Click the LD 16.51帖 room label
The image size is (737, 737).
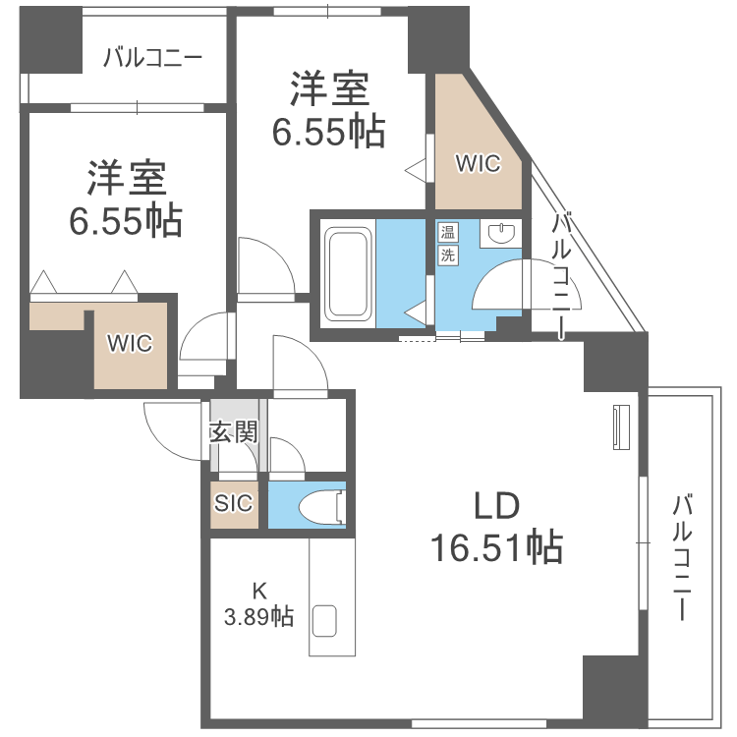click(x=495, y=526)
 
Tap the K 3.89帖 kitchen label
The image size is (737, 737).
click(x=259, y=603)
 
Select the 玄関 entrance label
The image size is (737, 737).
click(x=233, y=432)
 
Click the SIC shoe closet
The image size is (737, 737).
click(x=234, y=503)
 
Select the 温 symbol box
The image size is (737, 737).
click(x=447, y=233)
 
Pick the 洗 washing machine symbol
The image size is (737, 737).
click(x=447, y=255)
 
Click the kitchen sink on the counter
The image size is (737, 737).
click(x=324, y=621)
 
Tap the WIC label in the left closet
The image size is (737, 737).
click(x=130, y=344)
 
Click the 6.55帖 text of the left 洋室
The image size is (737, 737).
click(x=125, y=221)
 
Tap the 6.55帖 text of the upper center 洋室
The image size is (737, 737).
click(x=327, y=131)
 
